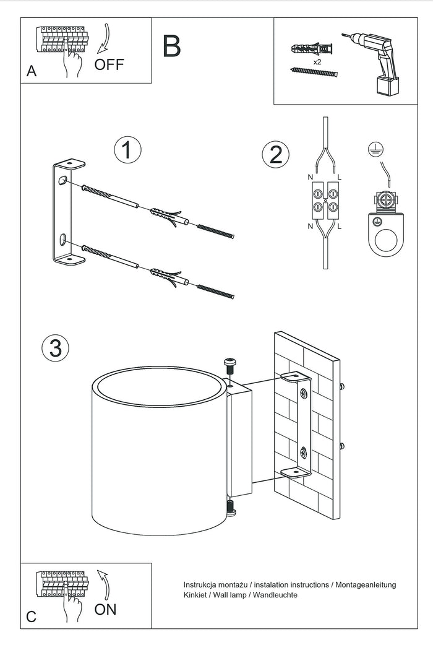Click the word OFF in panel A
[109, 64]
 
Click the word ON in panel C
[105, 609]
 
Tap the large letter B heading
[172, 46]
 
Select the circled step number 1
[127, 150]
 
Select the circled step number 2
[276, 154]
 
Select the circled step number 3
[55, 348]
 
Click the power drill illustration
[375, 63]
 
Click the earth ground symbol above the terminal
[374, 147]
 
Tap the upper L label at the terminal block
[340, 178]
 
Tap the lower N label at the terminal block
[310, 227]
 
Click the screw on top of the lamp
[230, 365]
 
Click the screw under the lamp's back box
[230, 509]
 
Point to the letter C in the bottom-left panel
[32, 617]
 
